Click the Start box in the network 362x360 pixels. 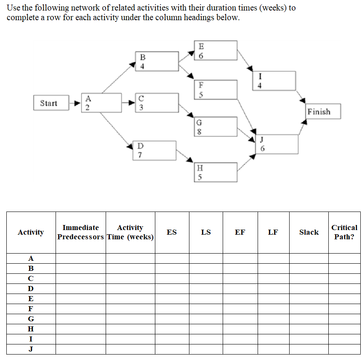(51, 103)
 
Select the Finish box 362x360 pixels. (322, 111)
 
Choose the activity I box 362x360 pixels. (275, 81)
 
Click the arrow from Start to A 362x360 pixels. (75, 103)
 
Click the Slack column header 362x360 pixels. (309, 232)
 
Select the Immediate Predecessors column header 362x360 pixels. (80, 232)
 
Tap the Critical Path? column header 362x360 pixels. (344, 232)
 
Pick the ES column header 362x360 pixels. (172, 232)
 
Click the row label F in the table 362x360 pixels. (31, 309)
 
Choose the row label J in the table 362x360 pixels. (31, 349)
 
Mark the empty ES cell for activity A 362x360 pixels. (172, 258)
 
